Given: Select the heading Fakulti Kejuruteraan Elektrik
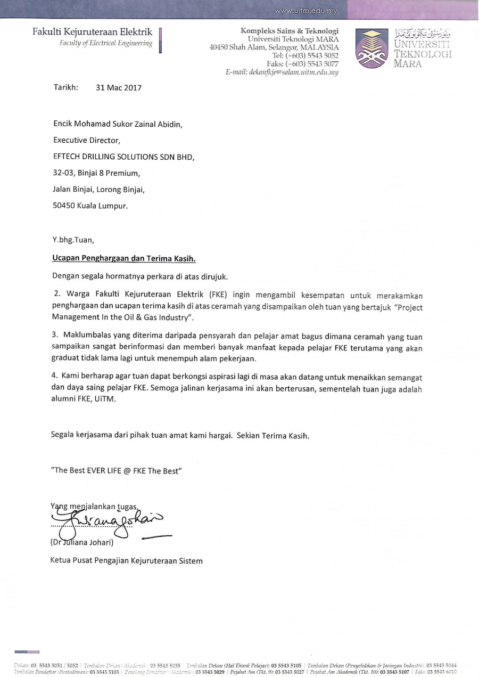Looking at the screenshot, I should pos(92,32).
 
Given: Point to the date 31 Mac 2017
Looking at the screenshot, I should pos(119,88).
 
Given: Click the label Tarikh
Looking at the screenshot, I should pos(65,87).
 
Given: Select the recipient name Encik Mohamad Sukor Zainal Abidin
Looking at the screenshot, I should pos(118,124).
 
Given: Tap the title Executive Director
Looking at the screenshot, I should pos(87,141).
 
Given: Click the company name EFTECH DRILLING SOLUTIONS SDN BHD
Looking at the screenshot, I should pos(123,157).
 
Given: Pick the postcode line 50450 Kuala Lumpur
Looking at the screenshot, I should pos(90,206).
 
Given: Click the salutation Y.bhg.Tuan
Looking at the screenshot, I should pos(73,239).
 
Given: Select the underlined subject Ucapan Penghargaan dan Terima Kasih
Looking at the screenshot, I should pos(124,259).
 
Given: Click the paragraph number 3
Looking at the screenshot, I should pos(54,335).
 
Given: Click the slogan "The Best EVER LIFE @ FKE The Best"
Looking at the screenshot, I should pos(117,470).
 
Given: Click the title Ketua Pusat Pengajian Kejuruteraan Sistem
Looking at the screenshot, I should pos(127,560).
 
